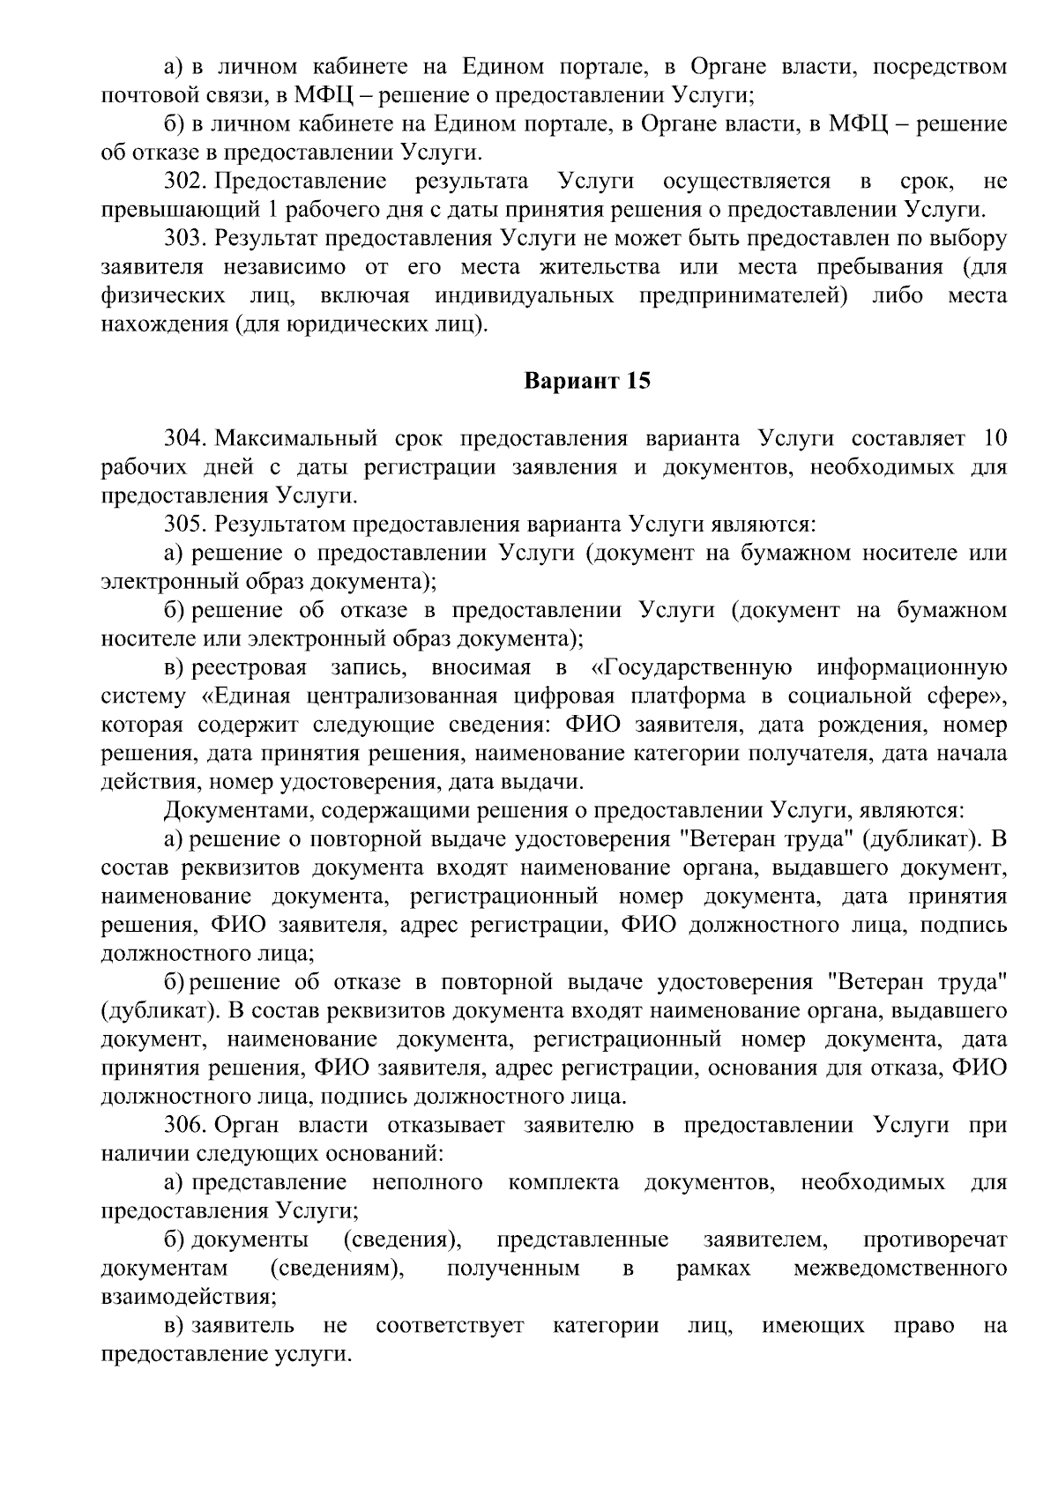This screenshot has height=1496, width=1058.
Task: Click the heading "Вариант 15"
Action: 587,382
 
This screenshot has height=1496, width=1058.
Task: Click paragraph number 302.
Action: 185,182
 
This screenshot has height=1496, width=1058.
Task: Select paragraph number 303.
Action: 185,239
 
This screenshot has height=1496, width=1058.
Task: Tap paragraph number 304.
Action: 185,439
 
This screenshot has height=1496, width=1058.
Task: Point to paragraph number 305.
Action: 185,525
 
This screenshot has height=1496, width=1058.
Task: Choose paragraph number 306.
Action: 185,1125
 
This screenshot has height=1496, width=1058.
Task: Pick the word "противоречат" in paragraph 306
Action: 935,1239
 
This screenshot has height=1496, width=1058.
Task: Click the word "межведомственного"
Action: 900,1268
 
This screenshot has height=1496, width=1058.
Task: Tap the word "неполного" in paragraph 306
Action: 428,1182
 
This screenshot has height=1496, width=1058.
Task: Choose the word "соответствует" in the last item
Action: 450,1325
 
